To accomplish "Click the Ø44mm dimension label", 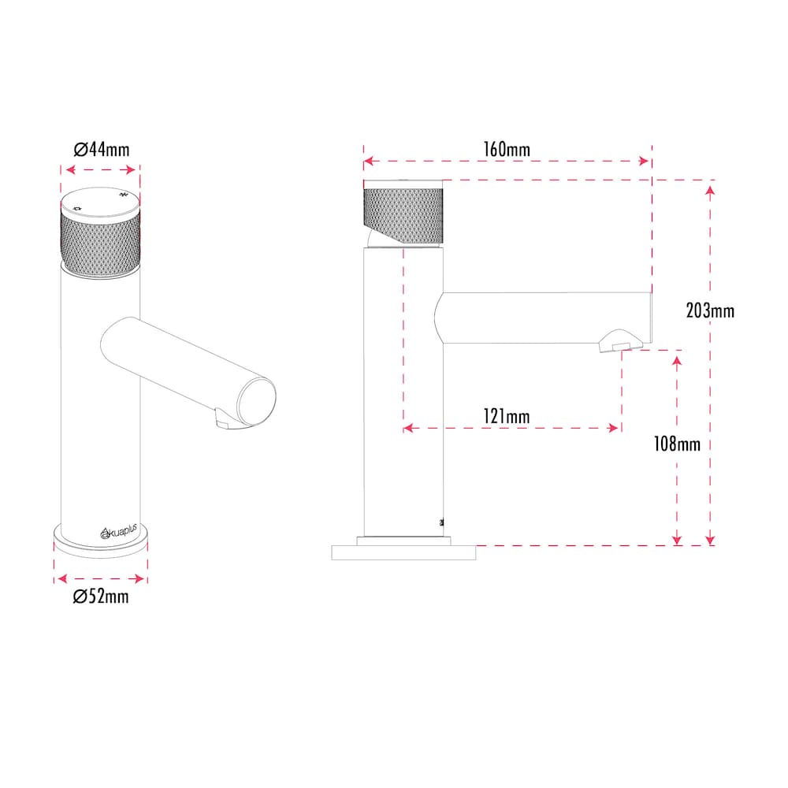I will coord(101,149).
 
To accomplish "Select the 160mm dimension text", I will coord(507,149).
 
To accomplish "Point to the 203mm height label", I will coord(710,310).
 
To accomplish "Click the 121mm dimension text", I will coord(506,416).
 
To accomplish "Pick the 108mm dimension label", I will coord(676,444).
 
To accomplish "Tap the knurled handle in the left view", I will coord(100,243).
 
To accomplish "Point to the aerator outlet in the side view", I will coord(619,344).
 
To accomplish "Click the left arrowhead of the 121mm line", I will coord(409,428).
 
